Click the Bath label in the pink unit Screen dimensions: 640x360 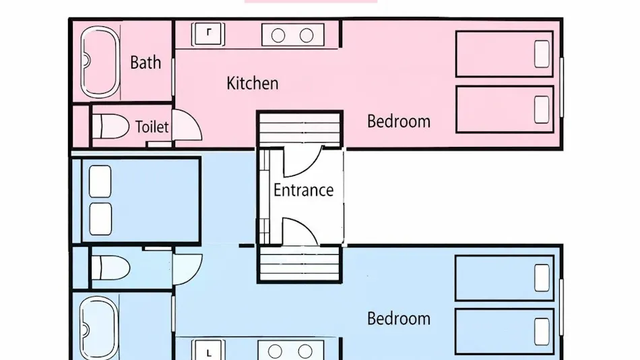146,63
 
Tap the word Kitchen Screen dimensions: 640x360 253,84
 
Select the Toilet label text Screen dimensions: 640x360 152,127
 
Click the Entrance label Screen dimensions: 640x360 303,190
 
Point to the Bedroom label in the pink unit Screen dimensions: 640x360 399,121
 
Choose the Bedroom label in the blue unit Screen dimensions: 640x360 399,319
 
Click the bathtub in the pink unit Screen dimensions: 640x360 100,62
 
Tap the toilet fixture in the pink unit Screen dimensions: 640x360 110,126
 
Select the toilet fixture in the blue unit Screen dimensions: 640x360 110,268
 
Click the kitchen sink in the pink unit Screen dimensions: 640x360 208,34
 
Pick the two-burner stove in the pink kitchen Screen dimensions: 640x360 292,35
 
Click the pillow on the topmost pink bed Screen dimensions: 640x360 542,54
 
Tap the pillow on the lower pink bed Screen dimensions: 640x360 542,109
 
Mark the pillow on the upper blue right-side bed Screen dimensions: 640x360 542,278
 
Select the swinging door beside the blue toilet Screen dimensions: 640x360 187,269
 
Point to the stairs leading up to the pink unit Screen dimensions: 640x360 300,128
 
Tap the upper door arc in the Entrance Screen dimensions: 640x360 302,162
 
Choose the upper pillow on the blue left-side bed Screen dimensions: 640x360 100,181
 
